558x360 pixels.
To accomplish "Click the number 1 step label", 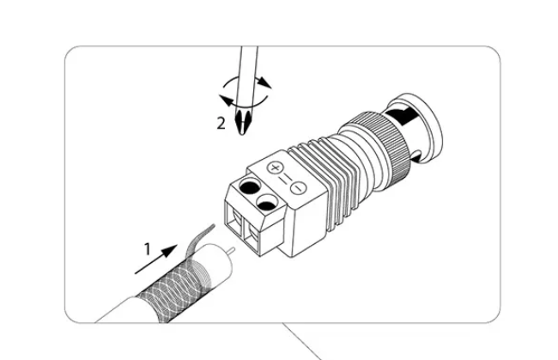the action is pyautogui.click(x=148, y=249).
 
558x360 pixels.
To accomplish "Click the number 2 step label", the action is pyautogui.click(x=221, y=124).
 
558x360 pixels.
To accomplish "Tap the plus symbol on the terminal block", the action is pyautogui.click(x=275, y=168).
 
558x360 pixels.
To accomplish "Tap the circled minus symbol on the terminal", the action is pyautogui.click(x=298, y=187).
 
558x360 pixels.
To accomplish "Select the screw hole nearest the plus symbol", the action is pyautogui.click(x=249, y=186).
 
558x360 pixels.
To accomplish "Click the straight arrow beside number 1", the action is pyautogui.click(x=156, y=259).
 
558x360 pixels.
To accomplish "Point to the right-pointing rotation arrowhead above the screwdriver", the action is pyautogui.click(x=264, y=82).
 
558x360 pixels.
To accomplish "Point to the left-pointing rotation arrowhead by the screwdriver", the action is pyautogui.click(x=226, y=101).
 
